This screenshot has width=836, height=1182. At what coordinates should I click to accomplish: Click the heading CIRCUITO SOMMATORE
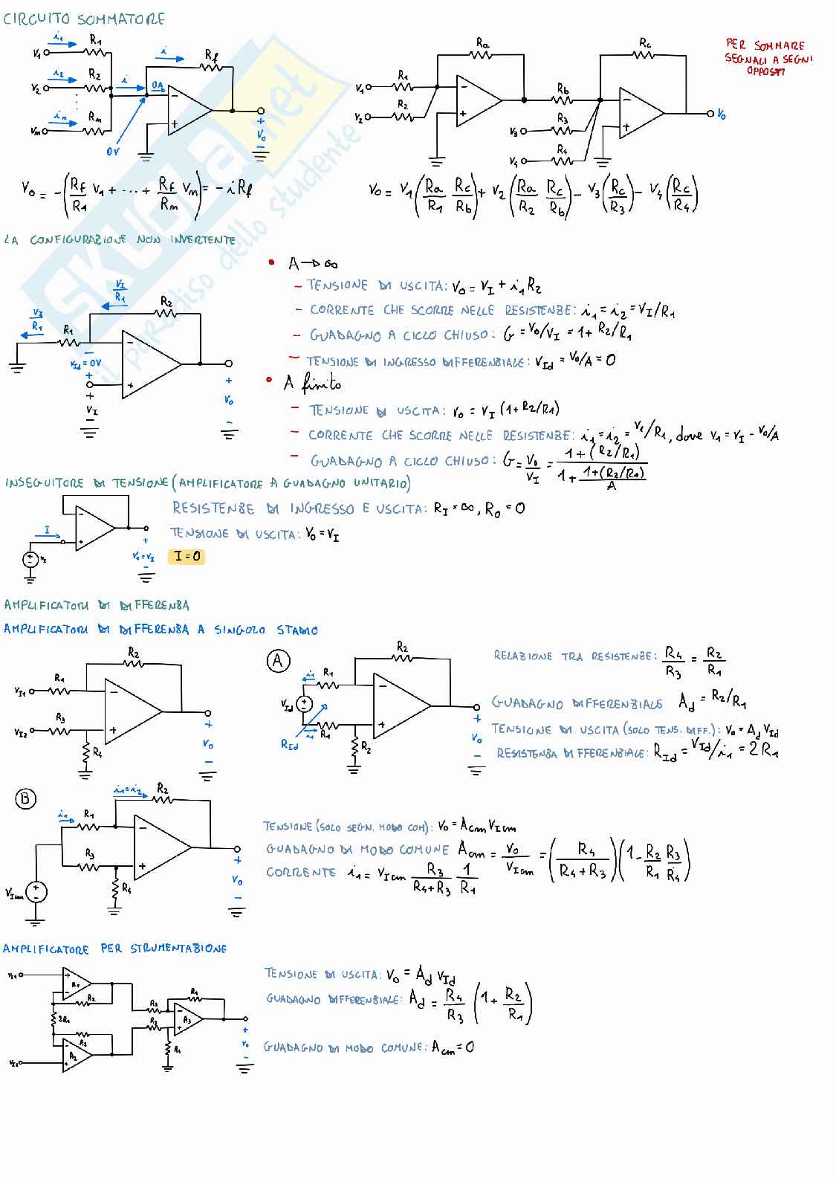pos(84,19)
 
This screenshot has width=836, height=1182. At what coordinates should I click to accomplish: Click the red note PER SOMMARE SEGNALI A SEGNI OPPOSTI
pos(768,58)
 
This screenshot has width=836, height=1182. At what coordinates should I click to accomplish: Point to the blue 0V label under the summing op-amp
pos(113,152)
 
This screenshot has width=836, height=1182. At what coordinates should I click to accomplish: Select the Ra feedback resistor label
pos(482,45)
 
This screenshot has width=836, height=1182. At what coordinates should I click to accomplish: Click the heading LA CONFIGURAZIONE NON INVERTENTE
pos(119,240)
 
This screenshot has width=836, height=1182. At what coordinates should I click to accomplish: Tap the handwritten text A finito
pos(312,384)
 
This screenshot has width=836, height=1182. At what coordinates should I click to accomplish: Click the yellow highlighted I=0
pos(187,556)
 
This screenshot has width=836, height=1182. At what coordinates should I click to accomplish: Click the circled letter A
pos(278,661)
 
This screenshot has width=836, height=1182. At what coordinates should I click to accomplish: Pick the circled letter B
pos(26,798)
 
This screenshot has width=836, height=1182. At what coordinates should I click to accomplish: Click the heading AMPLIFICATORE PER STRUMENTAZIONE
pos(114,949)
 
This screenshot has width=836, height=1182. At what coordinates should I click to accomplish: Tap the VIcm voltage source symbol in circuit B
pos(36,891)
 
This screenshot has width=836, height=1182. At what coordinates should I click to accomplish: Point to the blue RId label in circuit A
pos(289,743)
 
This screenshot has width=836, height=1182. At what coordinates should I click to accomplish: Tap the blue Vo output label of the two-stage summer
pos(722,114)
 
